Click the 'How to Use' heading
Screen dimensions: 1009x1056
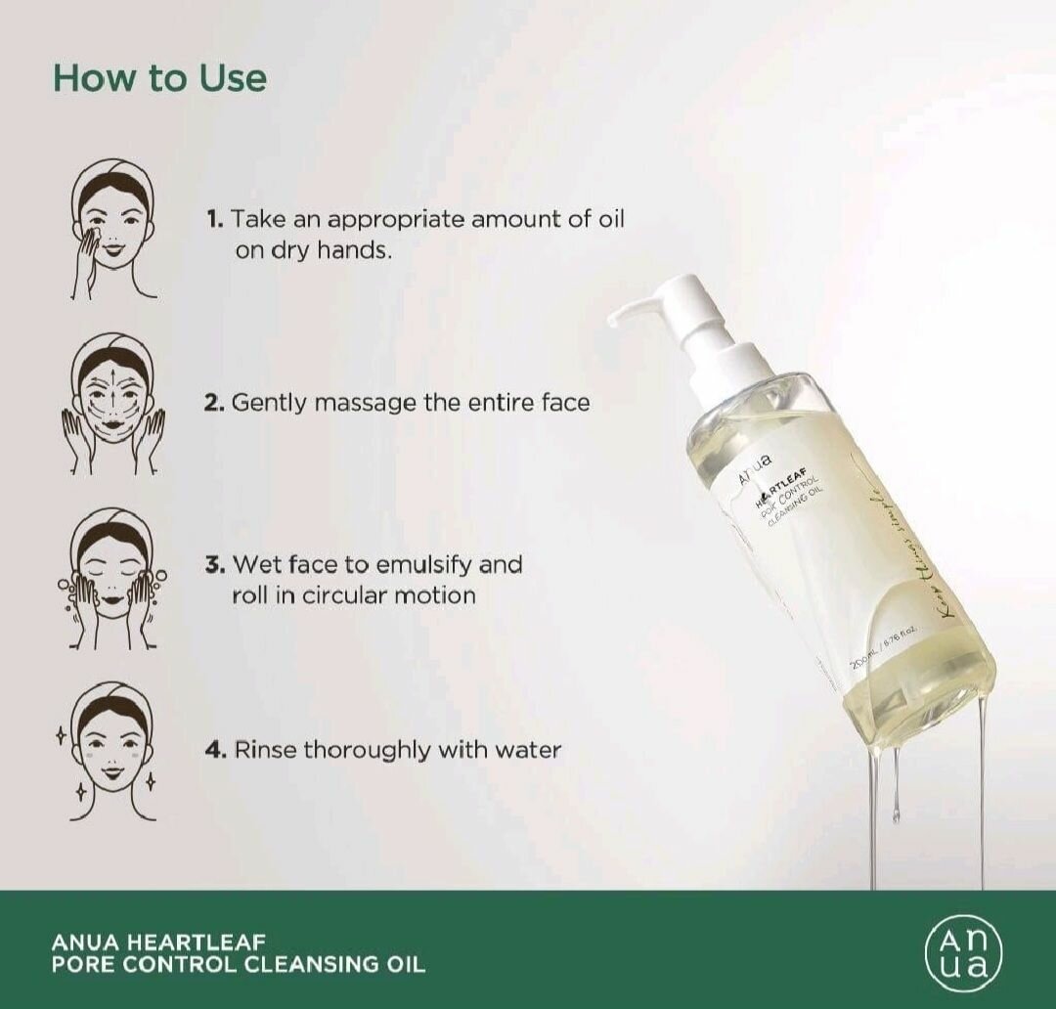(159, 78)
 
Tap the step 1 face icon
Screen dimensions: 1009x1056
(113, 230)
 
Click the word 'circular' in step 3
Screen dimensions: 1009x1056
(338, 594)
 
